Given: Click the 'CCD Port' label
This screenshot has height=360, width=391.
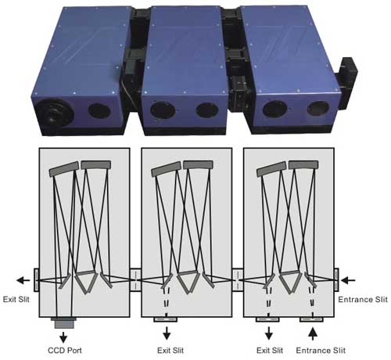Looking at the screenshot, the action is [x=65, y=350].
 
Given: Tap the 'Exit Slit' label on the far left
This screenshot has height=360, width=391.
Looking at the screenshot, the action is [x=16, y=299].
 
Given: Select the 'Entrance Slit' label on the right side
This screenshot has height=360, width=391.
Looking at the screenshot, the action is [x=363, y=300].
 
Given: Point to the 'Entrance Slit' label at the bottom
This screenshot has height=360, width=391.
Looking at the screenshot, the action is [x=321, y=350].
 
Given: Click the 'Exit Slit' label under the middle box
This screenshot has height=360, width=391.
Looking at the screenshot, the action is [x=170, y=350].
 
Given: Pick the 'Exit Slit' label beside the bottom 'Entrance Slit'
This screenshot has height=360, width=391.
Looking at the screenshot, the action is [x=270, y=350].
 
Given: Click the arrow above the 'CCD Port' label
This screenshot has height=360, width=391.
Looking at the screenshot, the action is [x=63, y=337].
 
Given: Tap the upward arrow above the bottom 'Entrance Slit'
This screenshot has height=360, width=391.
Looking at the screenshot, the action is [x=313, y=334].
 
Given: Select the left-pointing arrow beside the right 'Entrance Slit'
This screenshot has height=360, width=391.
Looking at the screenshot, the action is [x=348, y=281].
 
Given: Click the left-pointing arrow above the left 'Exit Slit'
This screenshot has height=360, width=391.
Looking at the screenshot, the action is [x=23, y=281].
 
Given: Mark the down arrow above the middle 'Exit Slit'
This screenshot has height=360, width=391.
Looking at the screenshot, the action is [x=167, y=333].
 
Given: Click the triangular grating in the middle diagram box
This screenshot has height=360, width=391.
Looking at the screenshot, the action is [x=188, y=282].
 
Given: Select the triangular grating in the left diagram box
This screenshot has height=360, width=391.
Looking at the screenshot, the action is [x=86, y=282].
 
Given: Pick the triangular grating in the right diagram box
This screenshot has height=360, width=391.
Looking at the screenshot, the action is [x=290, y=282].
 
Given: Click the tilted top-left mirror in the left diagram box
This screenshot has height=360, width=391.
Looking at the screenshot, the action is [x=64, y=168].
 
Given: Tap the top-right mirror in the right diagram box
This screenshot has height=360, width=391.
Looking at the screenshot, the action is [x=303, y=164].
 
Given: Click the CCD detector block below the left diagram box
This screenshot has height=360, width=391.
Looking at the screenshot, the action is [x=64, y=323].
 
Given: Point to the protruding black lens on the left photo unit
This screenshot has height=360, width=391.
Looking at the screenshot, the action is [x=54, y=114].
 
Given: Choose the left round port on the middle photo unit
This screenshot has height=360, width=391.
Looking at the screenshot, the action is [x=163, y=110].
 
